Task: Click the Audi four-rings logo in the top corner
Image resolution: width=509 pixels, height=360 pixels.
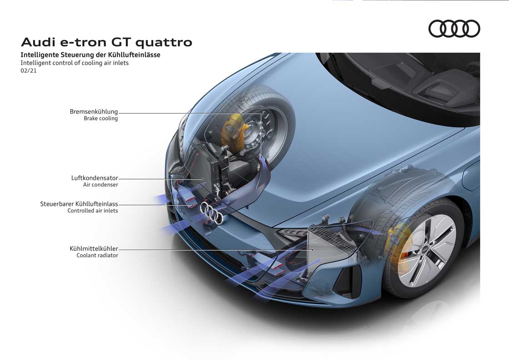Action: click(454, 29)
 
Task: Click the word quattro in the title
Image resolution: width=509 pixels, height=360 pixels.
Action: click(164, 43)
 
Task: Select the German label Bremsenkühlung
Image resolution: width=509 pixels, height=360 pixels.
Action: click(94, 112)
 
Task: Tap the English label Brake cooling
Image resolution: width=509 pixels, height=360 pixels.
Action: click(100, 119)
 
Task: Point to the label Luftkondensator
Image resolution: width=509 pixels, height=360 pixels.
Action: click(95, 178)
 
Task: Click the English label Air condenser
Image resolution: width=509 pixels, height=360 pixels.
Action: click(100, 185)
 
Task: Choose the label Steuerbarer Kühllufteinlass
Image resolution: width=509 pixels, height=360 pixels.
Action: click(79, 204)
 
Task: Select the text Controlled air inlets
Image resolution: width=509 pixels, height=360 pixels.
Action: click(93, 210)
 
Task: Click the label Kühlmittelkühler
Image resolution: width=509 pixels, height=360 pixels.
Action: click(94, 249)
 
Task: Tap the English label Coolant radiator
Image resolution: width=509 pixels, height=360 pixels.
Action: click(97, 255)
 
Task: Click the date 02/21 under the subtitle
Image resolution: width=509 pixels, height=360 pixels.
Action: click(29, 70)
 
